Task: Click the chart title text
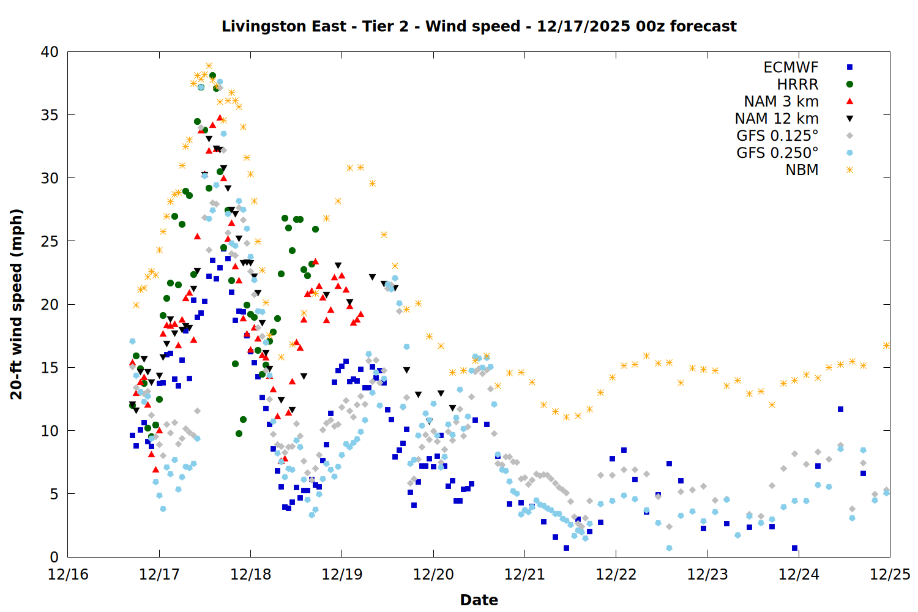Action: click(x=479, y=26)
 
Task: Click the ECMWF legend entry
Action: click(x=791, y=67)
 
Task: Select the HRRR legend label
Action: click(x=797, y=84)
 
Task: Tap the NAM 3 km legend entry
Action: click(x=781, y=102)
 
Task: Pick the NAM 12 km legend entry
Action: click(x=777, y=119)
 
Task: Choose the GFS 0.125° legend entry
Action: click(x=777, y=136)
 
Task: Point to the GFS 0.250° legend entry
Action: click(x=777, y=153)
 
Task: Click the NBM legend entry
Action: click(x=802, y=170)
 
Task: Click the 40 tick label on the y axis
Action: click(x=50, y=52)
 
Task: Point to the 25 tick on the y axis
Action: click(x=50, y=241)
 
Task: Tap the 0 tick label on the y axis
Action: click(x=54, y=557)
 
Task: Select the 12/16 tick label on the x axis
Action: click(x=68, y=575)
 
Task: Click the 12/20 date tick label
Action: click(x=433, y=575)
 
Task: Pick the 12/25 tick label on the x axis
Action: click(x=890, y=575)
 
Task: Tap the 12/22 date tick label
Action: click(x=616, y=575)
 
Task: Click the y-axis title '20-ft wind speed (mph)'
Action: click(x=17, y=304)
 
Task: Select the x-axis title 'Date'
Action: click(x=479, y=600)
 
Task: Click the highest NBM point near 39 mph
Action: click(x=209, y=66)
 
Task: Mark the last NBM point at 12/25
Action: click(x=886, y=345)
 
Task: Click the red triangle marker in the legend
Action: click(x=849, y=102)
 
